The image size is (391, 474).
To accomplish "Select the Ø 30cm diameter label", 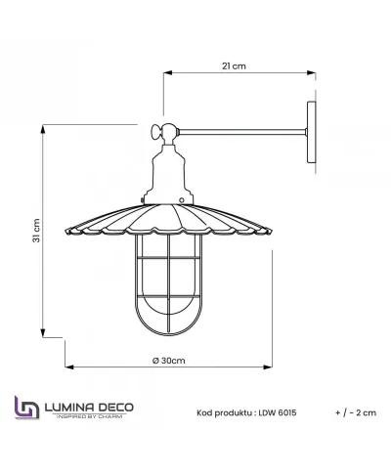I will tap(170, 361).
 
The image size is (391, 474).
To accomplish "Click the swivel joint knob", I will tap(160, 132).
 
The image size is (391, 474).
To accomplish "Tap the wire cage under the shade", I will tap(170, 283).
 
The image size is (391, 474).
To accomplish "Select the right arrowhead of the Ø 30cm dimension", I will tap(274, 367).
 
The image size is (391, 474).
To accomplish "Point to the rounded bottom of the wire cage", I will tap(170, 328).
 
